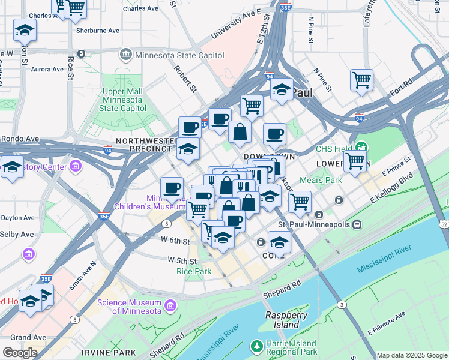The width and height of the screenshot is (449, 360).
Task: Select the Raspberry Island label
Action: coord(286,320)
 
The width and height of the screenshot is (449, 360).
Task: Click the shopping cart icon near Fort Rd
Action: coord(361,80)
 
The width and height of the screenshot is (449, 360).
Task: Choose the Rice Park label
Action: coord(194,271)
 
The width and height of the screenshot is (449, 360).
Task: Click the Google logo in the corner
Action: coord(19,353)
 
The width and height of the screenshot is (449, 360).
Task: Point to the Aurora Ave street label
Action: coord(47,69)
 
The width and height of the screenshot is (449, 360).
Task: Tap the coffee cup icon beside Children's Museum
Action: coord(172,187)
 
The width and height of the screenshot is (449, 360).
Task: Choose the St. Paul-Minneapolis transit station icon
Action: coord(357,225)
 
